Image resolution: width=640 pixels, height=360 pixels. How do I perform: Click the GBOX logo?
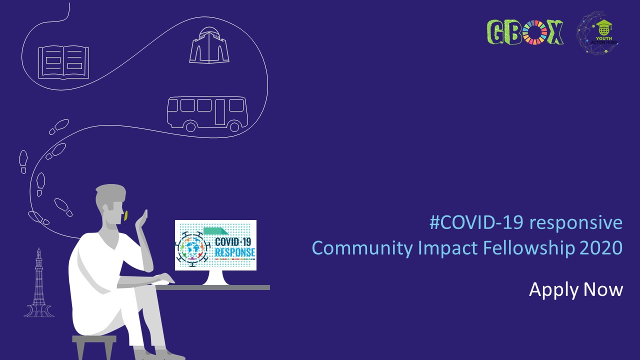tap(525, 32)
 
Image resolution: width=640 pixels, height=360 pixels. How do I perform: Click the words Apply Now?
tap(576, 290)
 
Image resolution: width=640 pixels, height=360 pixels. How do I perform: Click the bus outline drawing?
tap(206, 113)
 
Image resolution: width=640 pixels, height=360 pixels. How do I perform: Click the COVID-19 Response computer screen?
tap(215, 245)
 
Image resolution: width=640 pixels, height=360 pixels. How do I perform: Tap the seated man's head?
tap(110, 204)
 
